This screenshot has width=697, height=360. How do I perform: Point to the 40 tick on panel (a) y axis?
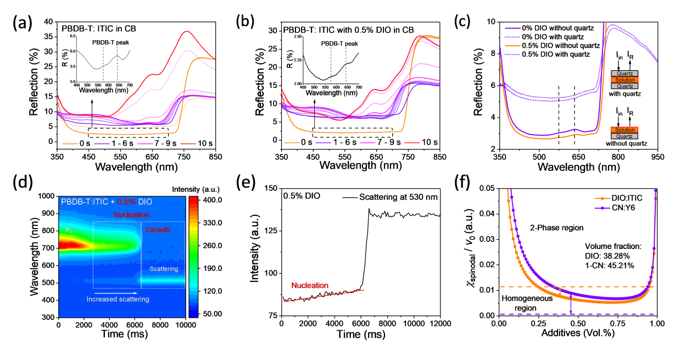[x=51, y=22]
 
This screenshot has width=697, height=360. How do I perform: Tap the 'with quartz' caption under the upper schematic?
[x=626, y=95]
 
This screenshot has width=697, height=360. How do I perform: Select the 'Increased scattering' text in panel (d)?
[x=118, y=299]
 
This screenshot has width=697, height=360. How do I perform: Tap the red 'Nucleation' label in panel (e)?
[x=310, y=285]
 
